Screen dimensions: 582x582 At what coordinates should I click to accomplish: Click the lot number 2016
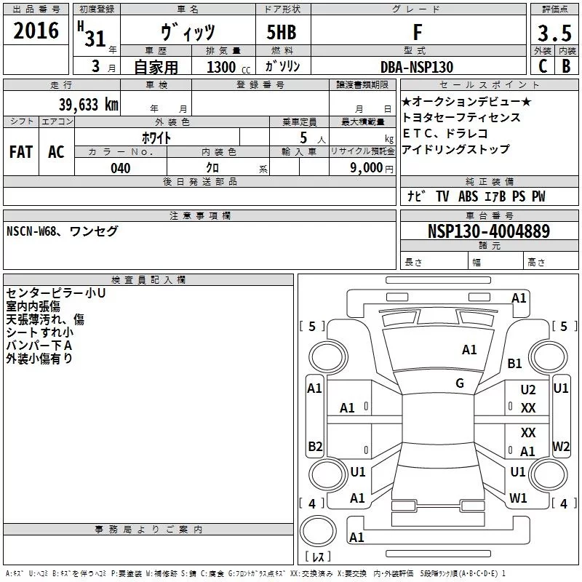pos(36,31)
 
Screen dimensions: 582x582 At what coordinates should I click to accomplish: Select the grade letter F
pos(417,32)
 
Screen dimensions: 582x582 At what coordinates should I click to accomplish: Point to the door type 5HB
pos(282,33)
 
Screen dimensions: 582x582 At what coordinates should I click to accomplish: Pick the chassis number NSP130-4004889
pos(489,231)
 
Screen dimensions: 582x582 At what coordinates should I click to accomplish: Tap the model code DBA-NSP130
pos(417,67)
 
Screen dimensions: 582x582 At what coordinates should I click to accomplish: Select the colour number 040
pos(121,168)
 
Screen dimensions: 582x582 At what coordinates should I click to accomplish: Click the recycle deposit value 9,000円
pos(371,168)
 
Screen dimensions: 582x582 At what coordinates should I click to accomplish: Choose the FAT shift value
pos(21,151)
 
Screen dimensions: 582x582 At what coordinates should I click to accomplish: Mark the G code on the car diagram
pos(460,383)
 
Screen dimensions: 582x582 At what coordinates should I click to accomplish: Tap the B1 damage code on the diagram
pos(515,364)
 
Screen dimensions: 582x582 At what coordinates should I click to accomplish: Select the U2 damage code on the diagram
pos(528,390)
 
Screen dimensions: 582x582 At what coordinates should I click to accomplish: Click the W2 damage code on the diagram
pos(561,446)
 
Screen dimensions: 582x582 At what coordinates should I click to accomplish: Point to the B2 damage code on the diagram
pos(315,446)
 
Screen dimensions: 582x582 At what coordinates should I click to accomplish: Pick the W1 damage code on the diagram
pos(518,498)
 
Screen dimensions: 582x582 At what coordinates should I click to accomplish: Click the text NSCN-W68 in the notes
pos(33,231)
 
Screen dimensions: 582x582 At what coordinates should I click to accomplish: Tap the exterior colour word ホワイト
pos(157,136)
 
